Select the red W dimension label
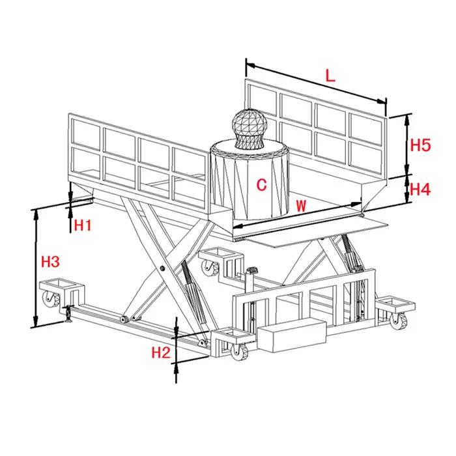point(300,205)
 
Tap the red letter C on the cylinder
point(261,185)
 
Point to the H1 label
point(83,226)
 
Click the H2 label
point(160,353)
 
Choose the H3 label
point(50,262)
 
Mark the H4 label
point(420,190)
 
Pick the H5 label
point(420,145)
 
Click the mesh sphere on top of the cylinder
point(250,128)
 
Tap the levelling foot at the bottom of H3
point(68,319)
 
